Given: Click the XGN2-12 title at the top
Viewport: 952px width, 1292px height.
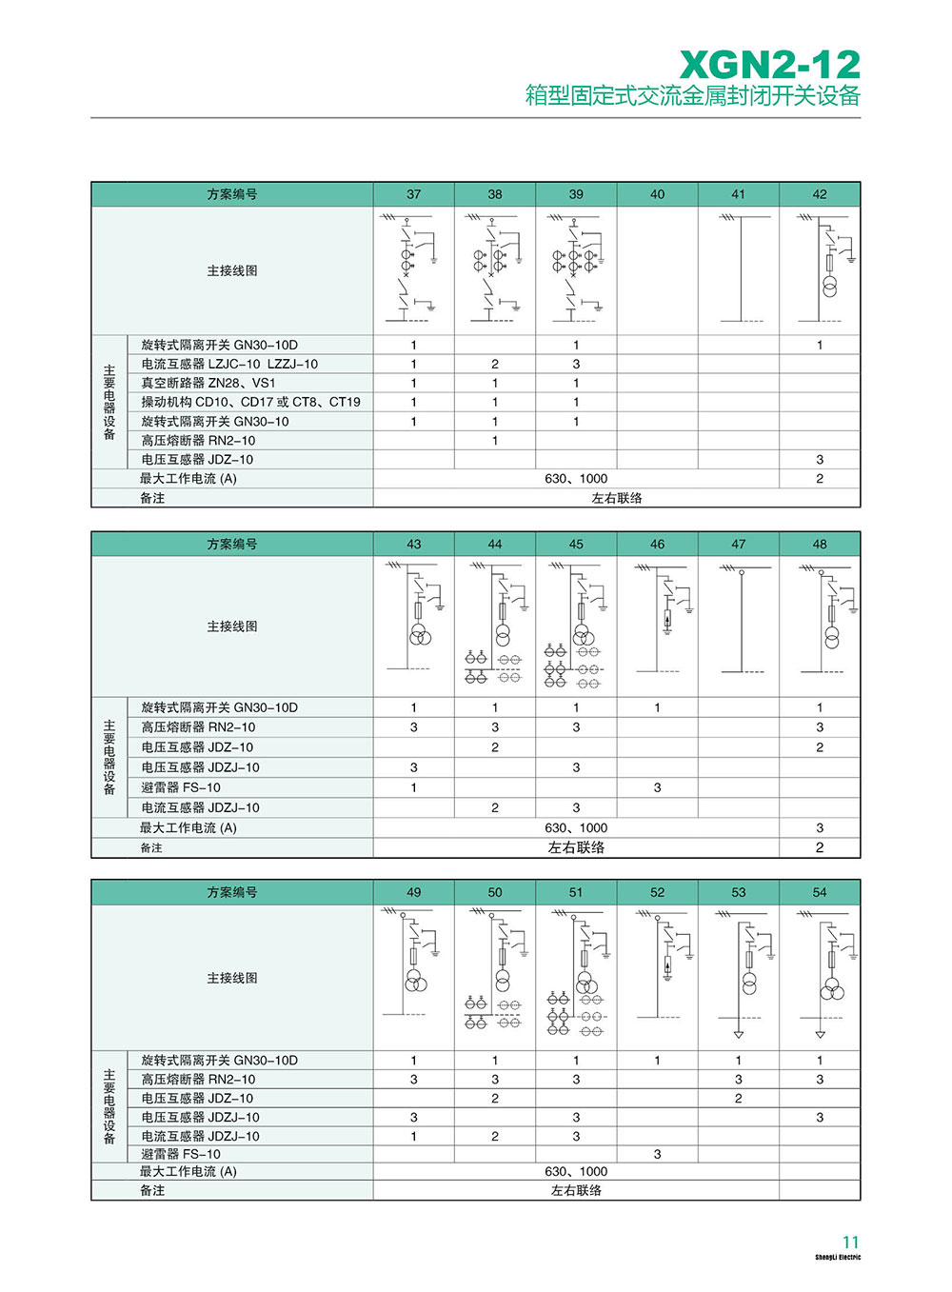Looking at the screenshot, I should tap(769, 65).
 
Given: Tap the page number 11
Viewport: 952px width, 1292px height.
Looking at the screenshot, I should tap(850, 1242).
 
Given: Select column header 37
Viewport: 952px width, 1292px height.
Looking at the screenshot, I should tap(413, 194).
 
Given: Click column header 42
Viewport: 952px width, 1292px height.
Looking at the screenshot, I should tap(820, 194).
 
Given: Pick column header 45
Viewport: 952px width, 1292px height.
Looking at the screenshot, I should tap(576, 545).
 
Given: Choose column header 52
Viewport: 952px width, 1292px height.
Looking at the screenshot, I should tap(657, 892).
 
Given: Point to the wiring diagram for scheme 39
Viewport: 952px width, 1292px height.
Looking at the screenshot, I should tap(576, 269).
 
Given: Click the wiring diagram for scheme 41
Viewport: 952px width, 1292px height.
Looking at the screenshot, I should tap(739, 269).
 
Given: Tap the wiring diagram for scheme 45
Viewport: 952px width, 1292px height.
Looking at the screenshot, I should tap(576, 625).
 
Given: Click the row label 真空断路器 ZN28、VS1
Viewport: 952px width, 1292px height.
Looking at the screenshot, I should tap(208, 383).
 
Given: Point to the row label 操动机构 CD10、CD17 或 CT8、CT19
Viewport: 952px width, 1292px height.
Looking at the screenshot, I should tap(250, 402).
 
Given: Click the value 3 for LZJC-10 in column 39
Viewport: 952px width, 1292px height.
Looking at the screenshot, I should tap(576, 364).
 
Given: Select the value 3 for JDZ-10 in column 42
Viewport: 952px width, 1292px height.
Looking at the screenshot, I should tap(820, 459).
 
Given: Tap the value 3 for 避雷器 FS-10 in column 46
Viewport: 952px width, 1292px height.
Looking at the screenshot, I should tap(657, 787).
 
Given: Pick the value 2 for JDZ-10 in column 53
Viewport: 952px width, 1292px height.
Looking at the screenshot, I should tap(739, 1098).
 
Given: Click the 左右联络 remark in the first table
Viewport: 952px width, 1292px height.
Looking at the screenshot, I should tap(617, 498).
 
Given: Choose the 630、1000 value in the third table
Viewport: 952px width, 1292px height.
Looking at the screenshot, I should tap(576, 1171).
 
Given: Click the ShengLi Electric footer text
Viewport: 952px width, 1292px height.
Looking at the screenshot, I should tap(837, 1258).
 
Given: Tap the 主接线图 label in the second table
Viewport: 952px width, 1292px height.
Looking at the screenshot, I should tap(232, 626).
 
